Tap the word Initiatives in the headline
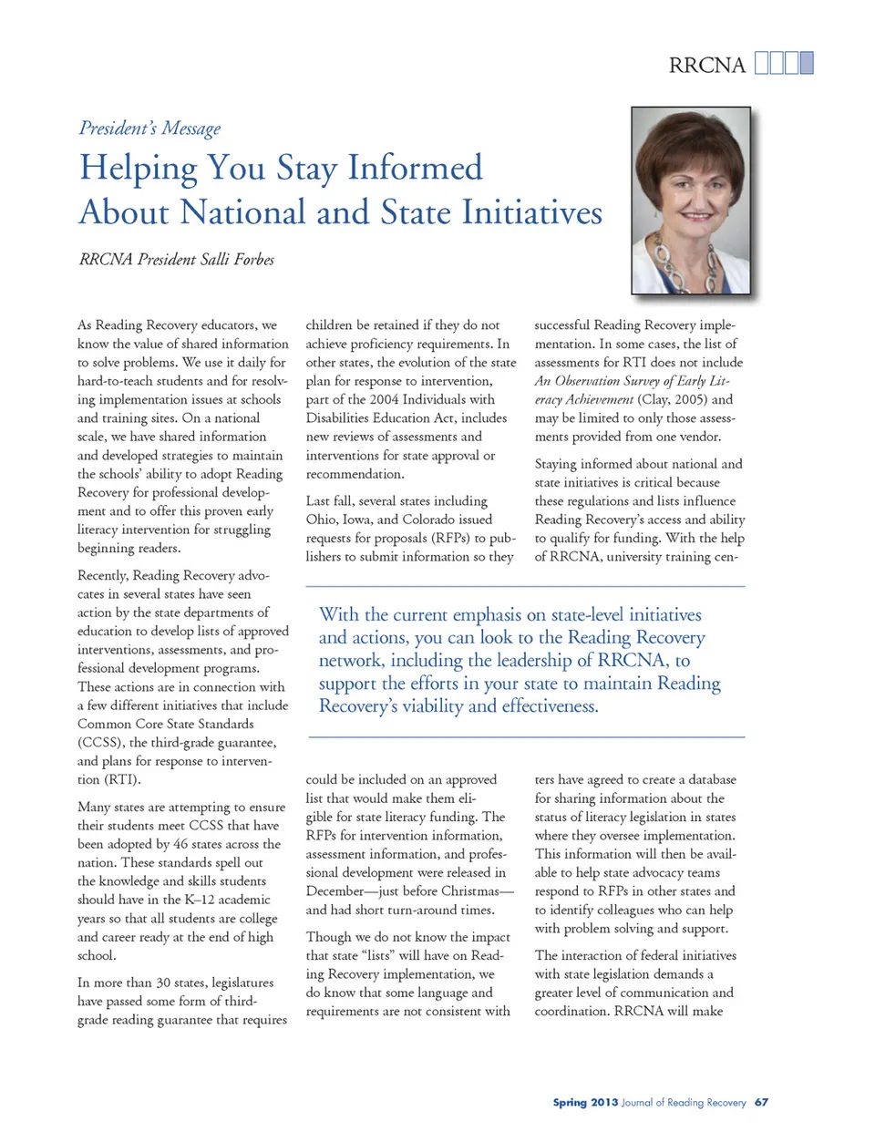[531, 212]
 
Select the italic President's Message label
[149, 129]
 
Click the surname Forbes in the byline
[251, 260]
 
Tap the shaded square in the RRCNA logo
[807, 63]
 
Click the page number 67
[761, 1103]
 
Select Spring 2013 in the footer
[585, 1103]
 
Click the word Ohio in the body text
[321, 520]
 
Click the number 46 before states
[181, 844]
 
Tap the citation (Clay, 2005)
[672, 399]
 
